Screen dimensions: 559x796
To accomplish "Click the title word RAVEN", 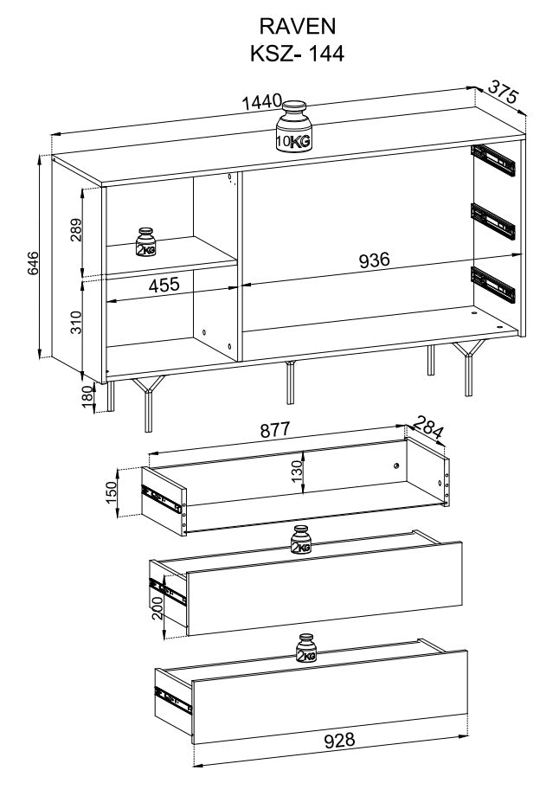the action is click(297, 26).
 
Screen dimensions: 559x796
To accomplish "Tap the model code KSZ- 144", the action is click(297, 54).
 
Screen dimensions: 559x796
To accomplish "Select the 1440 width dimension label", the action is click(261, 101).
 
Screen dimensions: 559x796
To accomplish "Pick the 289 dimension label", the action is click(75, 230).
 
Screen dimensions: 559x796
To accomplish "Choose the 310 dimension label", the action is click(75, 322).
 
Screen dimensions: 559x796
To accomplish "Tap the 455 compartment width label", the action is click(164, 285).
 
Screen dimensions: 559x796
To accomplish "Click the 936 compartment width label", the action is click(374, 260).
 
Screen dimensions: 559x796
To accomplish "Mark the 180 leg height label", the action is click(88, 396).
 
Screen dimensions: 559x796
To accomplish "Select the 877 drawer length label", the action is click(274, 430).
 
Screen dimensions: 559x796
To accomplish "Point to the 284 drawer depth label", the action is click(428, 427).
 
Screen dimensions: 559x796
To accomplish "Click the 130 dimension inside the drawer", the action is click(298, 471).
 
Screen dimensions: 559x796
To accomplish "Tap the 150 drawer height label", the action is click(111, 491).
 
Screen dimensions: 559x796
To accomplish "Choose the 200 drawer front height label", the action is click(157, 607).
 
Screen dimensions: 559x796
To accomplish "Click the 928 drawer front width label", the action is click(340, 740).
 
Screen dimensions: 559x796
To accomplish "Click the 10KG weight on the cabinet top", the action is click(294, 126).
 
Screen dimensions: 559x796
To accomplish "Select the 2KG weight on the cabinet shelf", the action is click(145, 242).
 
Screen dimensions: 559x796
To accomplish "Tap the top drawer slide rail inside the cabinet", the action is click(493, 160).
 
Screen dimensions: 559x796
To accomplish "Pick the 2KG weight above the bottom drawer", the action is click(306, 649).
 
